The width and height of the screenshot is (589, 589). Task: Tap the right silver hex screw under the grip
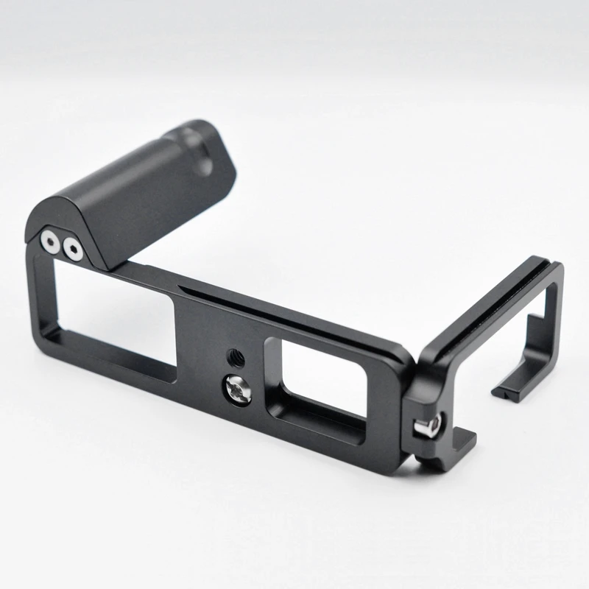(x=72, y=249)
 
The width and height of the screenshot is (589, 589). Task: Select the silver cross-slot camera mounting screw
(x=239, y=389)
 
